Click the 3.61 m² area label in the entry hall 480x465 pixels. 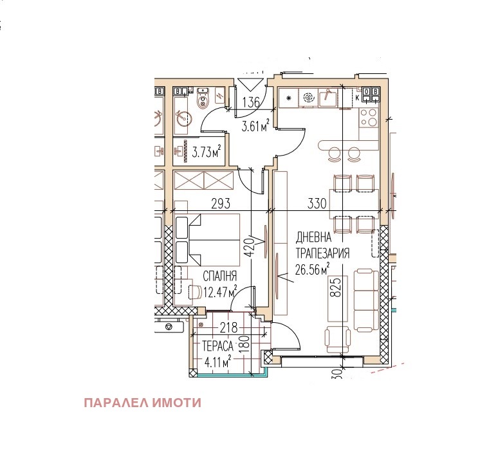(x=255, y=126)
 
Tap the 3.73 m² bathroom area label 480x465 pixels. (x=207, y=152)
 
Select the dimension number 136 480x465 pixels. (x=252, y=102)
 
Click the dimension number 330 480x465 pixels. (x=317, y=204)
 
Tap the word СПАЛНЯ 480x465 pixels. (x=220, y=277)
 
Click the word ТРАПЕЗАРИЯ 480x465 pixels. (x=322, y=253)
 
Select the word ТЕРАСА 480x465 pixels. (x=217, y=345)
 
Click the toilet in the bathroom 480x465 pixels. (x=204, y=98)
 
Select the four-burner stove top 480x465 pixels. (x=369, y=116)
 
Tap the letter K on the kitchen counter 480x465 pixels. (x=358, y=97)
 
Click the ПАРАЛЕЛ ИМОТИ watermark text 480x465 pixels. (x=142, y=403)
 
